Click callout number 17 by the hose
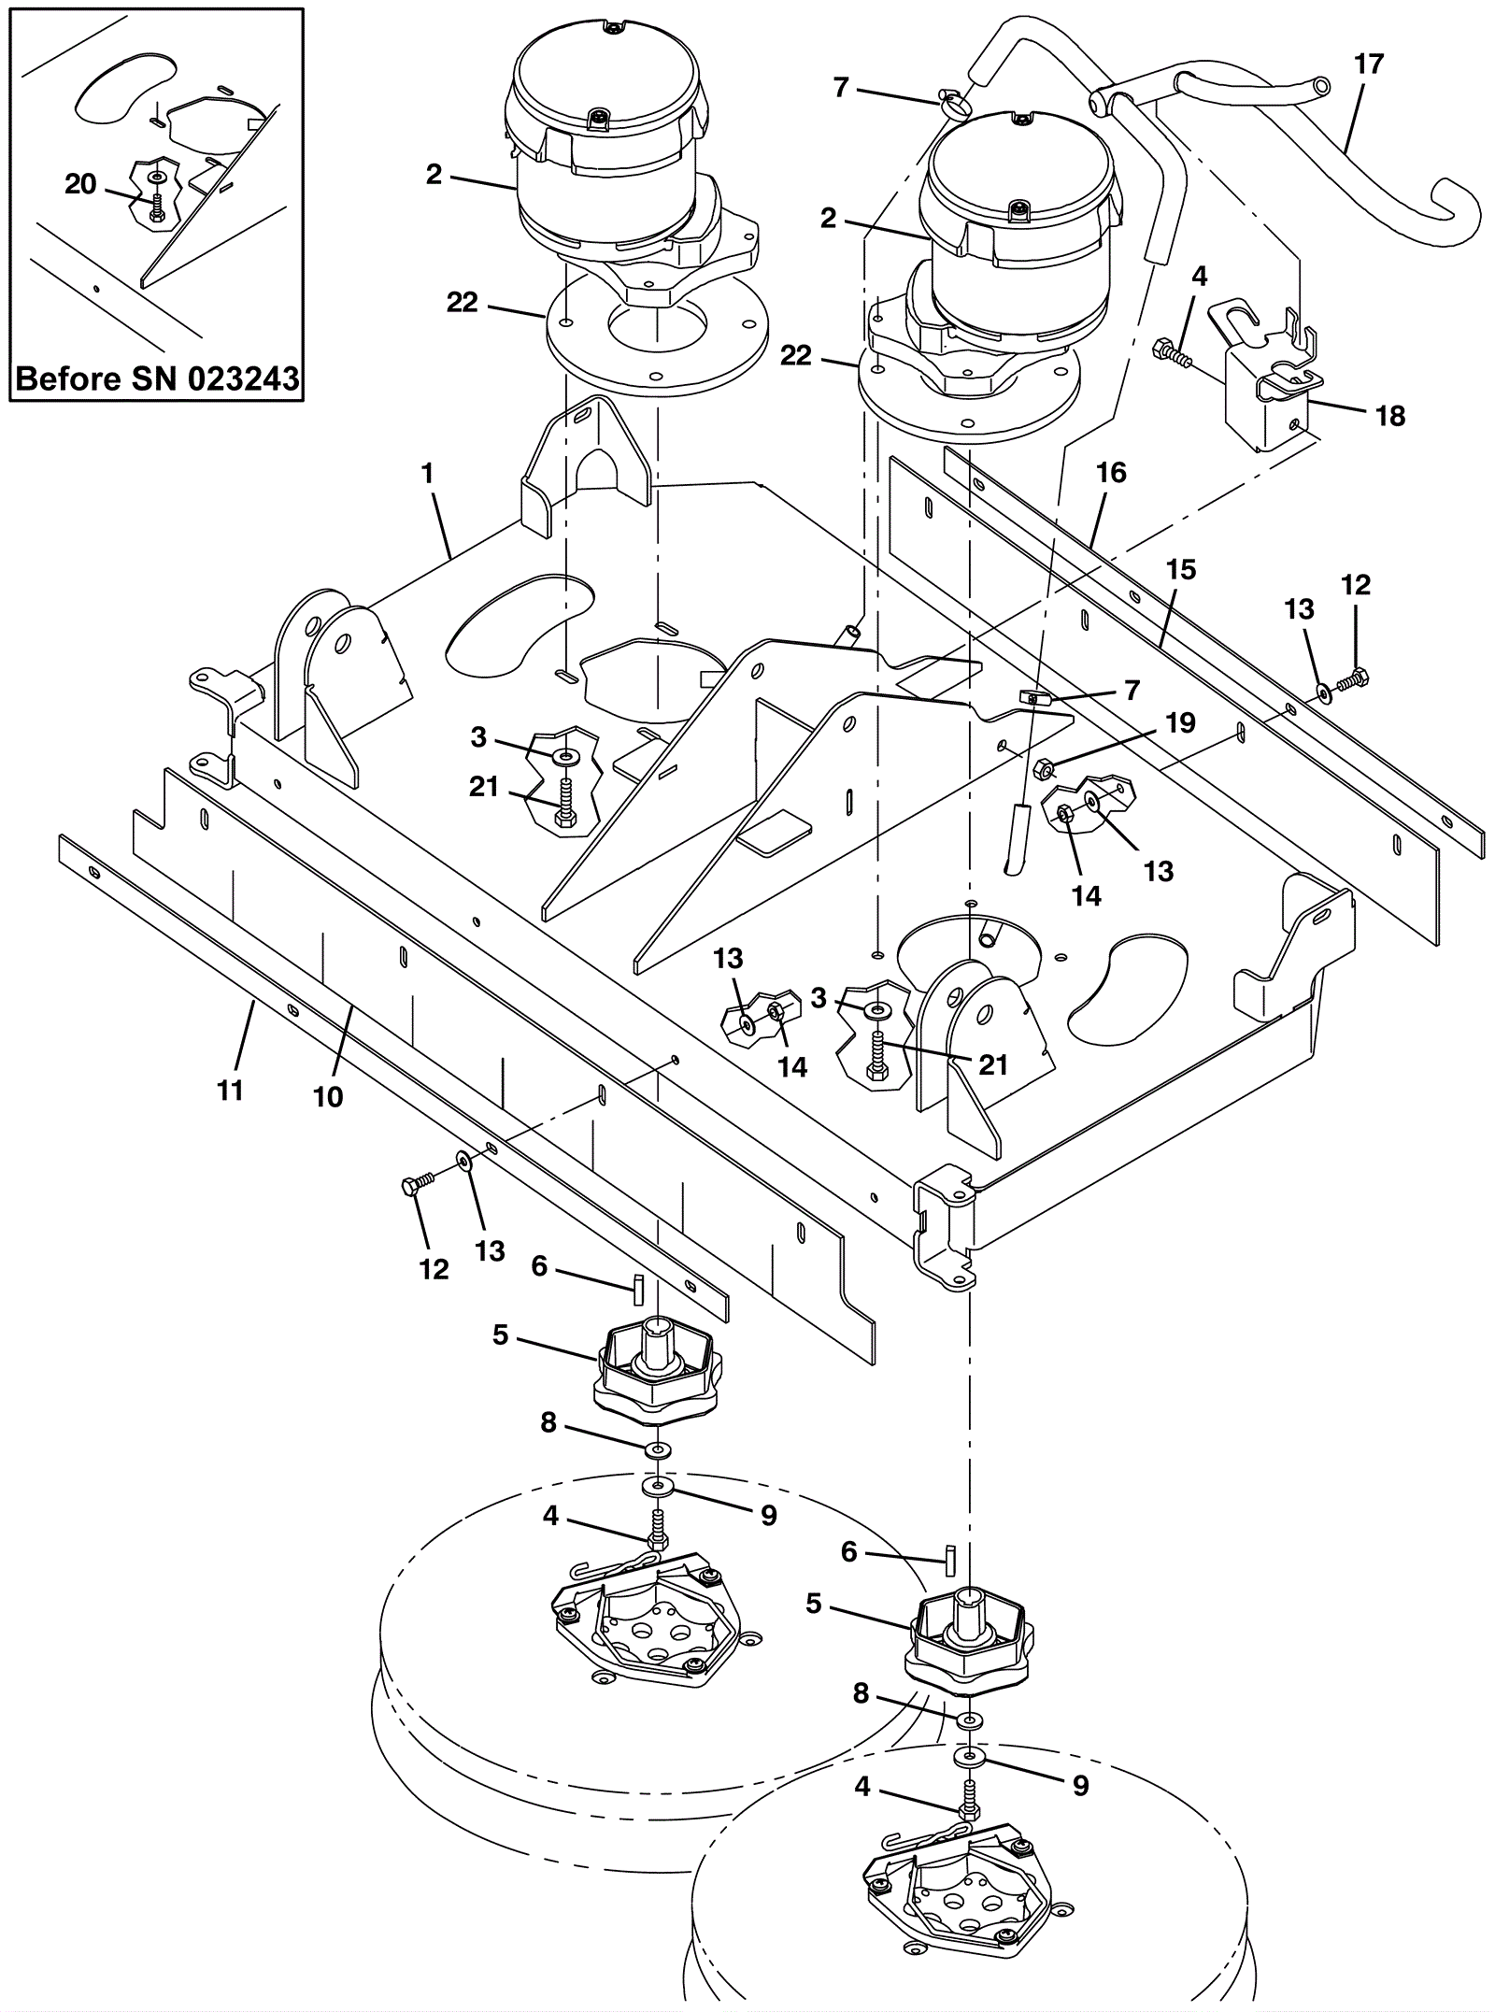(1368, 64)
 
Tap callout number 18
(1391, 416)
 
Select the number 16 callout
(1111, 473)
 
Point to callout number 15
(1181, 569)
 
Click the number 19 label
(1181, 722)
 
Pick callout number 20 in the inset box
(80, 184)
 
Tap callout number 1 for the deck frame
(428, 475)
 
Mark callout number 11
(230, 1090)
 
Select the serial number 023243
(247, 378)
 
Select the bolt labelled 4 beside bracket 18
(1172, 354)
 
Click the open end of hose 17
(1319, 87)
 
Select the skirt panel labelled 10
(505, 1056)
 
